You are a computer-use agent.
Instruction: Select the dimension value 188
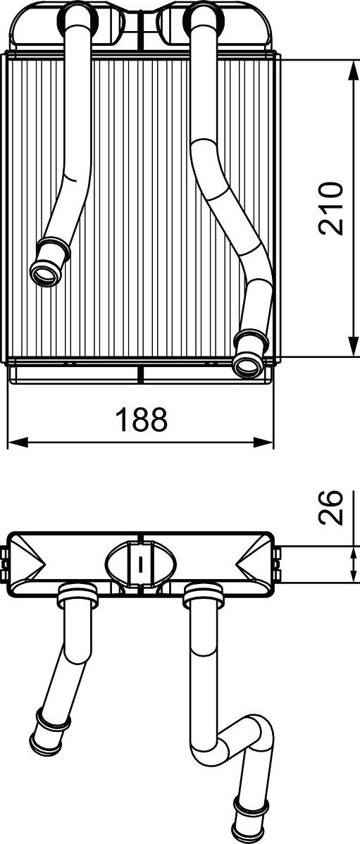tap(142, 420)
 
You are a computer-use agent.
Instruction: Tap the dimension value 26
tap(330, 507)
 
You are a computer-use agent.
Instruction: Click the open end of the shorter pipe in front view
tap(44, 273)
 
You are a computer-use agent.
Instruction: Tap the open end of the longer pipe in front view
tap(246, 365)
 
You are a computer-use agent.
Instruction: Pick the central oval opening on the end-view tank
tap(142, 563)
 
